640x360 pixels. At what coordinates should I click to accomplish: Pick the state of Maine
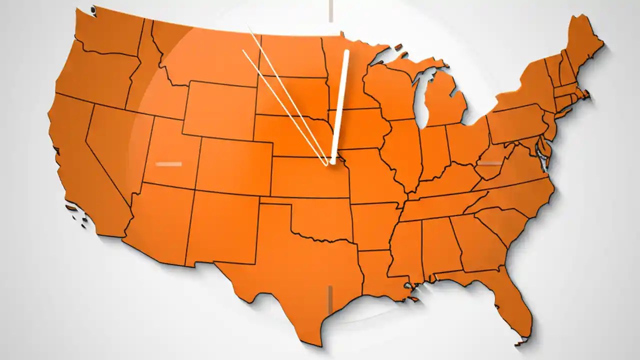(582, 45)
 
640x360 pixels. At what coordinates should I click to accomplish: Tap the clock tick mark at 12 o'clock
(330, 10)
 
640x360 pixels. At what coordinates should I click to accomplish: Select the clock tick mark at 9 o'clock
(168, 163)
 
